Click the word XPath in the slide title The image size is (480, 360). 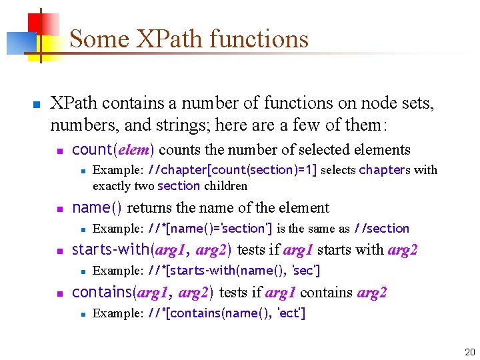161,39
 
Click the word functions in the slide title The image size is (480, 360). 259,39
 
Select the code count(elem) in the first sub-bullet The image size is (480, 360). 113,149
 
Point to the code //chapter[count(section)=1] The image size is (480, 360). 232,170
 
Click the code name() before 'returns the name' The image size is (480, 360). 97,207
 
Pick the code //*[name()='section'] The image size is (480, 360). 210,229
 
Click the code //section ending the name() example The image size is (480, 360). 381,229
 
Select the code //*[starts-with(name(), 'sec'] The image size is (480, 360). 234,271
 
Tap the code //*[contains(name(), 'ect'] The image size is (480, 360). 227,313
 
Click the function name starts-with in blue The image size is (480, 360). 111,250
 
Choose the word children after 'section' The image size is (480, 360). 225,186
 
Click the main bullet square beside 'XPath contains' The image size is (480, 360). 37,105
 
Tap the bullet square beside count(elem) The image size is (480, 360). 60,151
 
